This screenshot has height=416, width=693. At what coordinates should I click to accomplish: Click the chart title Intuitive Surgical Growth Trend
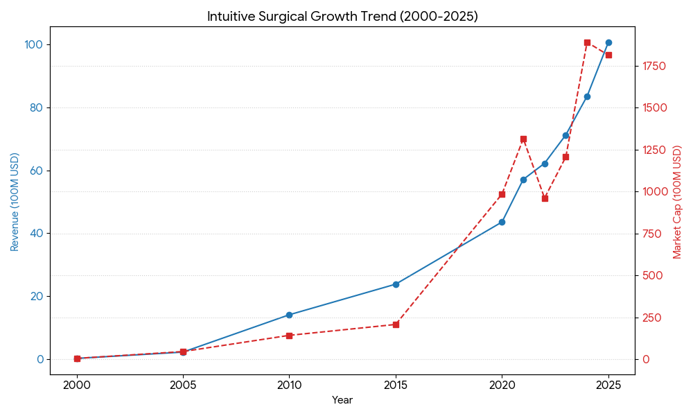tap(342, 17)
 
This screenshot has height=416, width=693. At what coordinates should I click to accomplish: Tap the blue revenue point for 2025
tap(608, 42)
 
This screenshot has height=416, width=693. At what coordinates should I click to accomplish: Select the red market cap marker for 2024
tap(587, 42)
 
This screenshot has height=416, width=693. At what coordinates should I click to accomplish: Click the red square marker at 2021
tap(523, 139)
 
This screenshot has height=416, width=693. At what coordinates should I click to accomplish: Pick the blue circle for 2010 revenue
tap(289, 315)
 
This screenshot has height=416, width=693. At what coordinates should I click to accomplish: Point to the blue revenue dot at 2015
tap(396, 284)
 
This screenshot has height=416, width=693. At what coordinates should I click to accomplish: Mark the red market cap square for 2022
tap(545, 198)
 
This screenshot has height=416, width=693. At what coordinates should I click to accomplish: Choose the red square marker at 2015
tap(396, 324)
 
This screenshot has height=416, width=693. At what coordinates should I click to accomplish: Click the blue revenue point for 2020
tap(502, 222)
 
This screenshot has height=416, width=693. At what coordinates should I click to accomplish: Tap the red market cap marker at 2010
tap(289, 336)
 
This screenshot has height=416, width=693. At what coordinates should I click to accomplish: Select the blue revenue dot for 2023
tap(565, 135)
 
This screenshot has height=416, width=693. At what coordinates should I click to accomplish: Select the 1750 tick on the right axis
tap(654, 66)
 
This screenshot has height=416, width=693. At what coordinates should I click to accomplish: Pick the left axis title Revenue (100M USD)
tap(15, 202)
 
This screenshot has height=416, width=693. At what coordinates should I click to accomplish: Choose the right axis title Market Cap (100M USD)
tap(678, 202)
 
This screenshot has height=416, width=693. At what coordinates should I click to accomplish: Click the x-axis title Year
tap(342, 400)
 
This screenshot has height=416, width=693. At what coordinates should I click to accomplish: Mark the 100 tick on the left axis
tap(33, 44)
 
